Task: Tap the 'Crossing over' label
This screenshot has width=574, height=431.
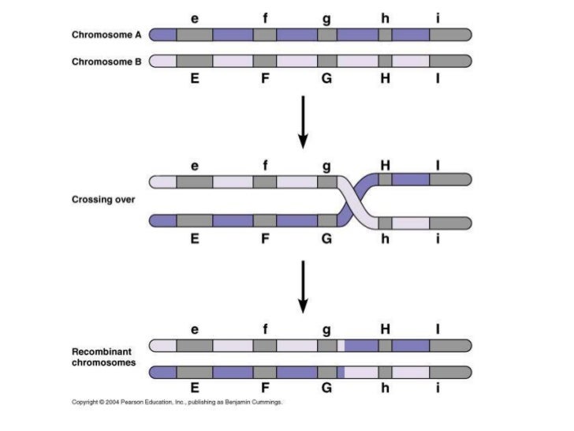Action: [103, 200]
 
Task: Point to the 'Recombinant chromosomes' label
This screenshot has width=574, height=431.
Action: [104, 357]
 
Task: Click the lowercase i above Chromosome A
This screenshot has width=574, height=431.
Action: [438, 17]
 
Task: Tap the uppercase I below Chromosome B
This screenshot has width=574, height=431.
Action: [438, 79]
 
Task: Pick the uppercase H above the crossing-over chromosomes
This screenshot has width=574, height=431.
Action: [385, 165]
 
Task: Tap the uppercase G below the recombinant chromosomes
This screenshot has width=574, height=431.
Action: [326, 388]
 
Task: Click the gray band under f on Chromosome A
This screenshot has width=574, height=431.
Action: [265, 35]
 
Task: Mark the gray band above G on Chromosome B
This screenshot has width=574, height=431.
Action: [326, 61]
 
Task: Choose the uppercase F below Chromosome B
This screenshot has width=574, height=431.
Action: [266, 79]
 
